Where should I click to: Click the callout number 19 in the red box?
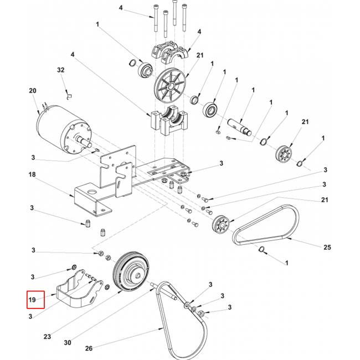click(32, 300)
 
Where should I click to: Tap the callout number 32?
click(60, 70)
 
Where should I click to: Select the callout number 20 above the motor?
click(33, 91)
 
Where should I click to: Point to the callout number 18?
click(32, 174)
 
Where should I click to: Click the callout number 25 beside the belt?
click(327, 247)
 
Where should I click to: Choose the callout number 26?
click(89, 348)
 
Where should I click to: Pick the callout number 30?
click(68, 342)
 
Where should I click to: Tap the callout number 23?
click(47, 337)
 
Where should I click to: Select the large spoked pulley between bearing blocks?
click(170, 85)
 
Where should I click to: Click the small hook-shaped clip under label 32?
click(69, 97)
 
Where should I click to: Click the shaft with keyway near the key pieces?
click(239, 126)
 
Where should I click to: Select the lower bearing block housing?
click(169, 120)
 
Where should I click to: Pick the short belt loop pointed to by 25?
click(266, 225)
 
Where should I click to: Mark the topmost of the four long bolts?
click(174, 12)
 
